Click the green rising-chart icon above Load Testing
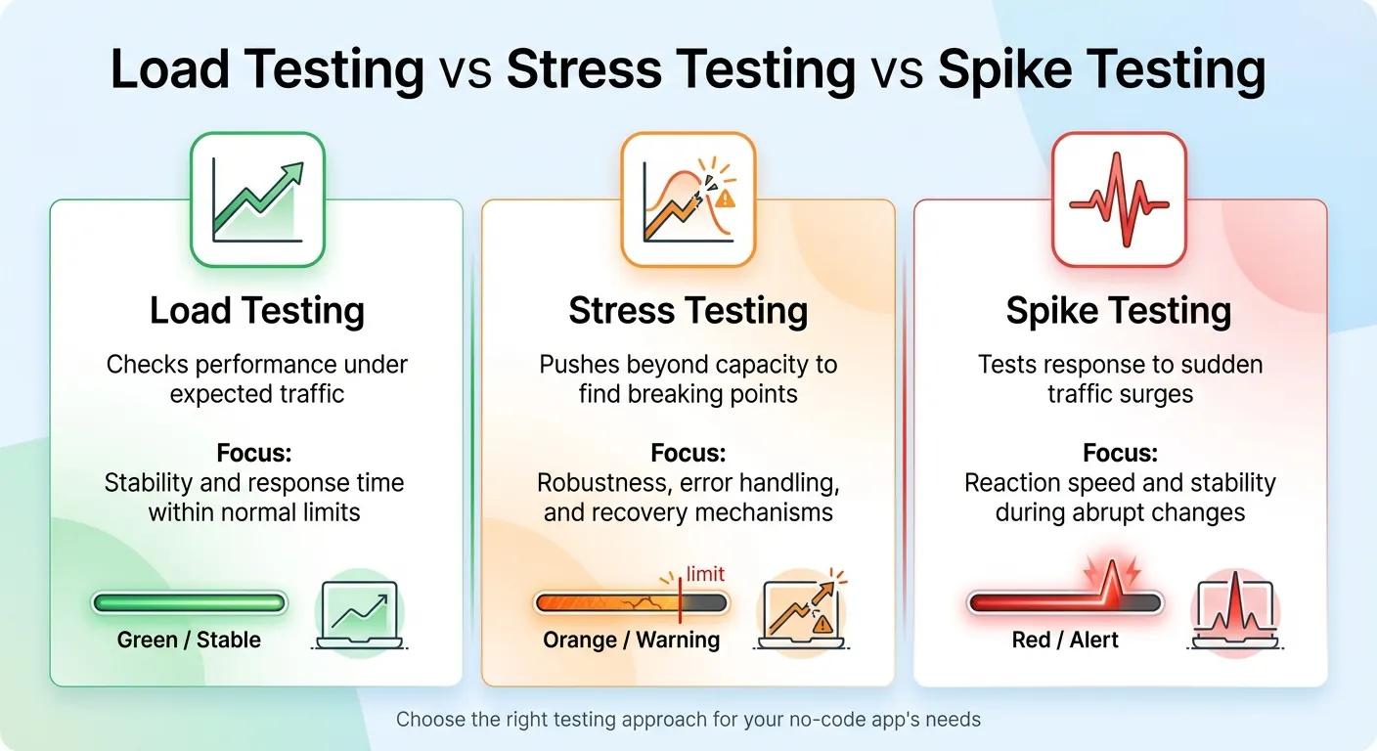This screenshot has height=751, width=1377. tap(257, 199)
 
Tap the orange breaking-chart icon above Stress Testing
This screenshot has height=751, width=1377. tap(688, 199)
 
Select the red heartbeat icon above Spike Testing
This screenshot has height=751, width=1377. tap(1119, 199)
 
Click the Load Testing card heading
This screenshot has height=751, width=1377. tap(257, 311)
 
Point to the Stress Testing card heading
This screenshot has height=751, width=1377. tap(688, 311)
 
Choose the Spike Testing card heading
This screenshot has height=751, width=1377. tap(1119, 311)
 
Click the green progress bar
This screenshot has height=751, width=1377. tap(190, 602)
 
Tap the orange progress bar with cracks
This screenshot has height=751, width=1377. tap(630, 602)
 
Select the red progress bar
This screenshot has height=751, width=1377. tap(1065, 602)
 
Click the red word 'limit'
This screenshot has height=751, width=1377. tap(706, 574)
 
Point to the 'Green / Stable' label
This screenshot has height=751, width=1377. tap(189, 641)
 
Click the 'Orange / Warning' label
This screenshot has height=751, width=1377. tap(631, 641)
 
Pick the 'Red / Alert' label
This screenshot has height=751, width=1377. tap(1065, 641)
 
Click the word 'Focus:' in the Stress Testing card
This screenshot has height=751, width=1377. tap(688, 454)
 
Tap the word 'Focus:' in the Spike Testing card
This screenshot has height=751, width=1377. tap(1119, 454)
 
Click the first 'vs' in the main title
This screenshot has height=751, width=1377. tap(466, 71)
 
